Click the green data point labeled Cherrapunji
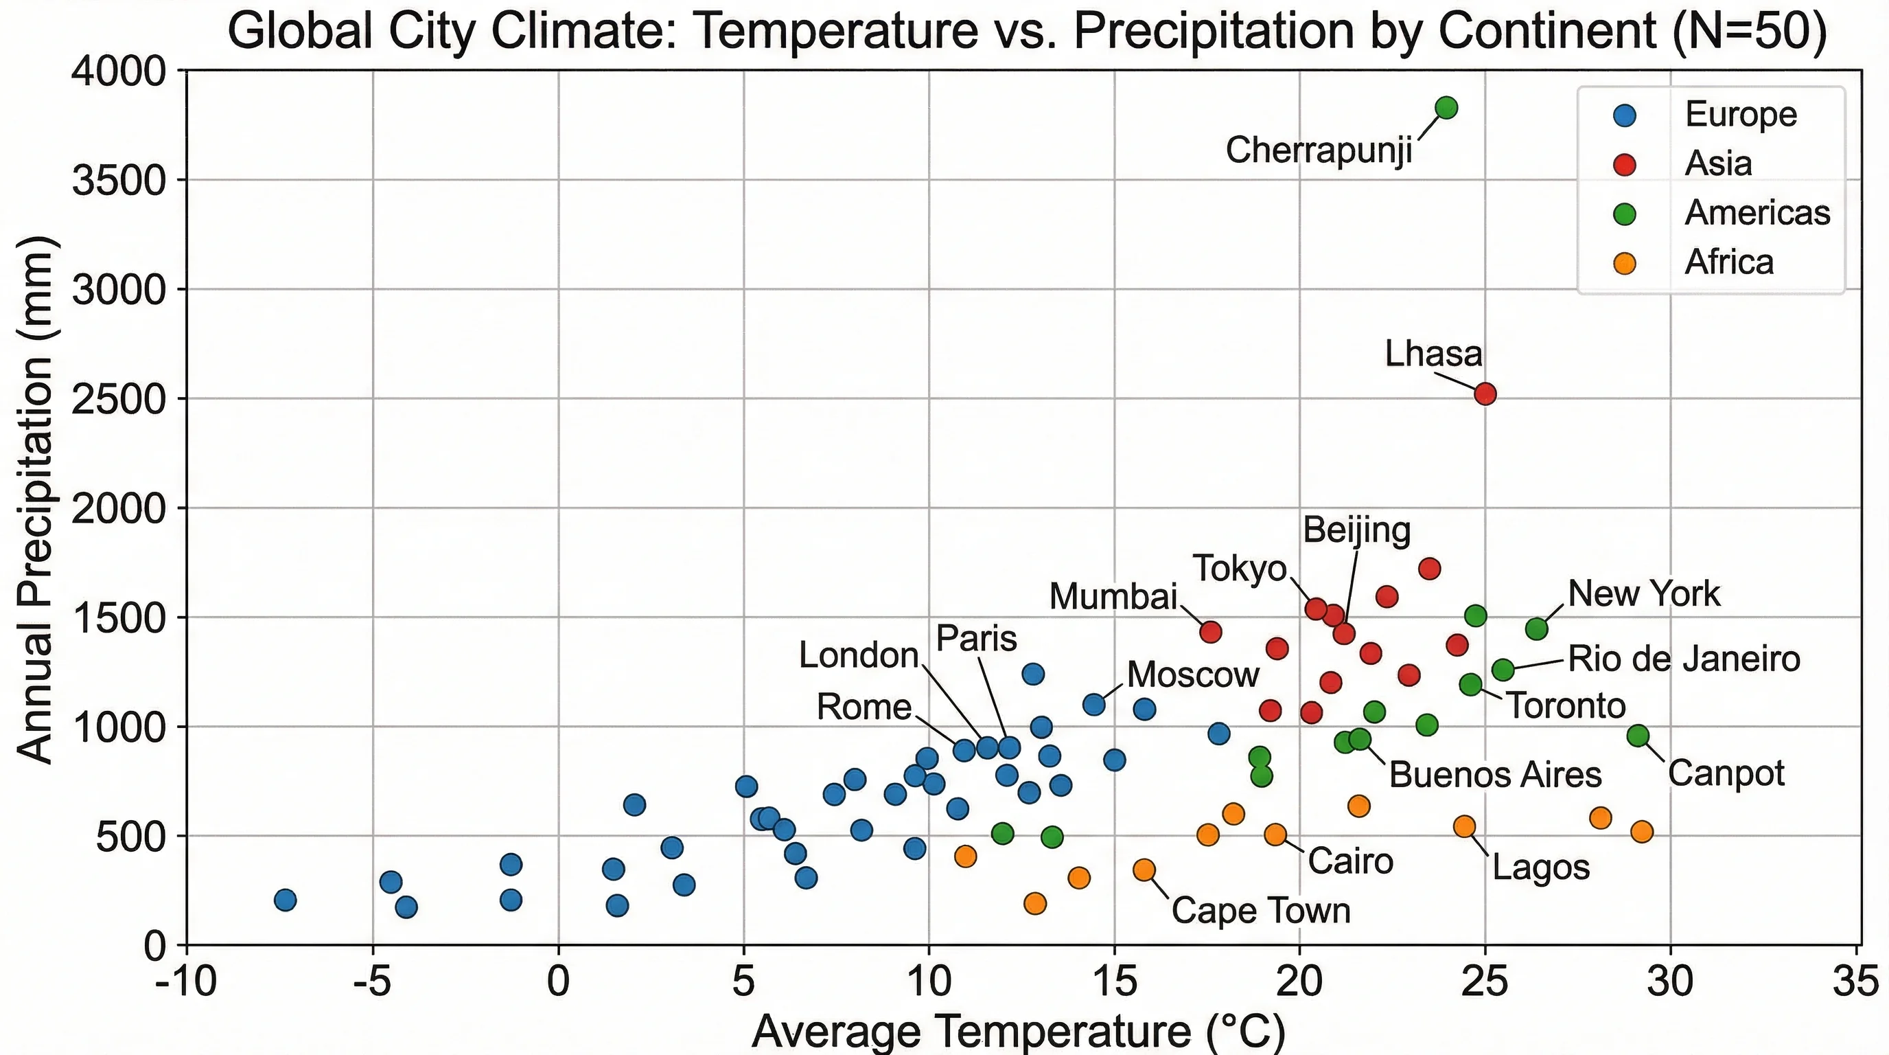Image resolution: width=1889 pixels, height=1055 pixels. coord(1446,108)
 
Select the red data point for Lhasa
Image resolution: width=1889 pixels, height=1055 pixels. coord(1485,394)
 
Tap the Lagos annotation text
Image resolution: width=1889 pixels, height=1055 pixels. coord(1541,868)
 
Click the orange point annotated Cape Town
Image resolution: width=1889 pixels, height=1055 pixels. coord(1144,870)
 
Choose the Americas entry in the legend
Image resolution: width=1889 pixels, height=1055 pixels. coord(1757,213)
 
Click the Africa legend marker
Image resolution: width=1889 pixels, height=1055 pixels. coord(1625,262)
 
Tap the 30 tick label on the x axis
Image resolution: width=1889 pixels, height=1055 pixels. coord(1671,983)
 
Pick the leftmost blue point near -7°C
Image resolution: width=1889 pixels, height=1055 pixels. coord(286,900)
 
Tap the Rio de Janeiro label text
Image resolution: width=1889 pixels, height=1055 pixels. coord(1684,659)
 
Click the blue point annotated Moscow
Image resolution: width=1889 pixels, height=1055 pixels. coord(1094,705)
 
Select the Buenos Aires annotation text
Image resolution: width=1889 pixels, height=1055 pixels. coord(1494,775)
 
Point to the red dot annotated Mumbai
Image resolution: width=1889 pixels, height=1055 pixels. coord(1211,632)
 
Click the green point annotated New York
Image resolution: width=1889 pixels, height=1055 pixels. coord(1537,628)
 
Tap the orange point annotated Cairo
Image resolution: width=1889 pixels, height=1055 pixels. coord(1275,834)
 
